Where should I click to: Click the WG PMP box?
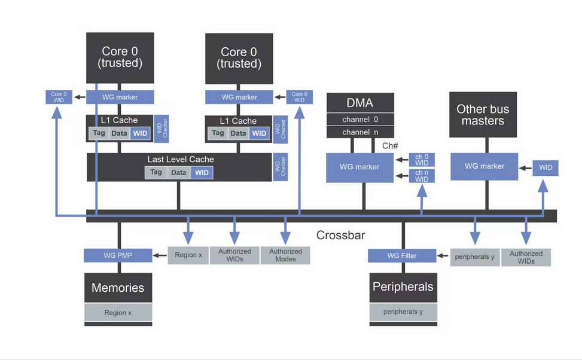pos(118,255)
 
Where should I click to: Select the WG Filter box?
pos(402,256)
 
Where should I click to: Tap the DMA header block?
pos(360,103)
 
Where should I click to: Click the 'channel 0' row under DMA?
pos(360,120)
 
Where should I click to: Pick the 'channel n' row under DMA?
pos(360,132)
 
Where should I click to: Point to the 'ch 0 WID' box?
pos(422,160)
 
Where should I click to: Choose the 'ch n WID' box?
pos(422,176)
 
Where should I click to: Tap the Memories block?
pos(118,288)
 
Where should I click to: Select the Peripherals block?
pos(403,287)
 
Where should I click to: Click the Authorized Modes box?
pos(285,255)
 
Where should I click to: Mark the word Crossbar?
pos(340,235)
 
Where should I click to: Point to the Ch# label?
pos(390,145)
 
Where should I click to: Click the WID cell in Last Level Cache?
pos(202,172)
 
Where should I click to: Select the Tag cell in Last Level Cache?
pos(156,172)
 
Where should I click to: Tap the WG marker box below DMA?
pos(359,167)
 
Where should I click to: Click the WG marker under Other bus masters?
pos(484,166)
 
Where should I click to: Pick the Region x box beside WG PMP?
pos(188,255)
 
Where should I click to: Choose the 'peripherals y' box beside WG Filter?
pos(474,257)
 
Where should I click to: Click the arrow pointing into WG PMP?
pos(160,255)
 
